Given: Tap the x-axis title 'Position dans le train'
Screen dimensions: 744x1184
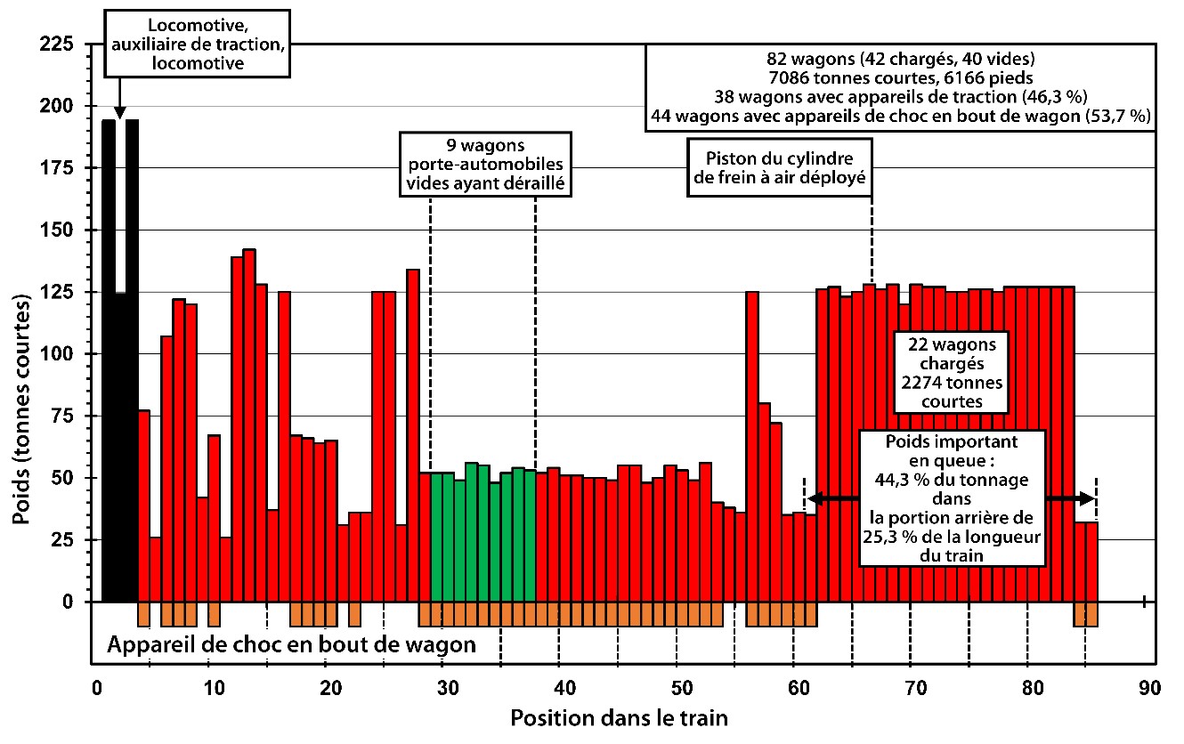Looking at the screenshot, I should click(x=620, y=716).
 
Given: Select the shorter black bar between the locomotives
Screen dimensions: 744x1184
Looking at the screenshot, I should click(x=120, y=445).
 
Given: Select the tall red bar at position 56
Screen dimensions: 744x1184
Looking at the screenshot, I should click(x=752, y=445).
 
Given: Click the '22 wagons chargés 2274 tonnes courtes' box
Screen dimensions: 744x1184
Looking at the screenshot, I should click(x=951, y=372).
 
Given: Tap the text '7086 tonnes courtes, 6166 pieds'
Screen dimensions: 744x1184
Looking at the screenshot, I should click(x=901, y=77).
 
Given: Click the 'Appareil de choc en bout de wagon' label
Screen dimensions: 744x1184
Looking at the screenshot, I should click(x=291, y=644).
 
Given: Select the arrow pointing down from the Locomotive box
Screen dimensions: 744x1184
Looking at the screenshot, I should click(x=120, y=101).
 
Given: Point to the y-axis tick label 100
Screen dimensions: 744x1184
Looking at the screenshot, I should click(x=60, y=353).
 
